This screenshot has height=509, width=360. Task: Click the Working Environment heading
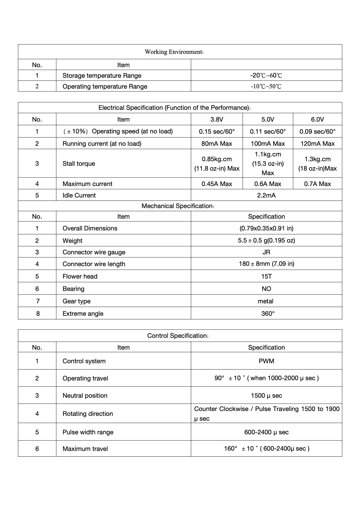174,52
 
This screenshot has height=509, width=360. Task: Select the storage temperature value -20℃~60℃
266,75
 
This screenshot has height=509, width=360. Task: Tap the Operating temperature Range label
105,86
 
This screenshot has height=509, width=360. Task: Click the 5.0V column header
268,119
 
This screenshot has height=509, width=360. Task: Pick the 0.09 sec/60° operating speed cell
317,132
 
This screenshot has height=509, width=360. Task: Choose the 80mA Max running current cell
217,144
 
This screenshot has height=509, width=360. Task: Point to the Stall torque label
79,164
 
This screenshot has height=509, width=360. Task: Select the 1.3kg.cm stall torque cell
317,164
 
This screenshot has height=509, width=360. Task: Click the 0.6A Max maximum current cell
268,184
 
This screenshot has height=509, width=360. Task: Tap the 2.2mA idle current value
266,195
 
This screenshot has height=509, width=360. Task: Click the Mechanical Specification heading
178,206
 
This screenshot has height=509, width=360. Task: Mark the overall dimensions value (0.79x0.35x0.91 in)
266,228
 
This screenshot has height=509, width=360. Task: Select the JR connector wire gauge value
266,252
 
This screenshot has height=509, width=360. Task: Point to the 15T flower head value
266,276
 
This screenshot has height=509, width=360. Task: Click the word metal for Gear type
265,301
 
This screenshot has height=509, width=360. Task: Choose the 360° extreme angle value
268,314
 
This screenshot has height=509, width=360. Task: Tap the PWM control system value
266,361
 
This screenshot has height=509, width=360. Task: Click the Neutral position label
85,396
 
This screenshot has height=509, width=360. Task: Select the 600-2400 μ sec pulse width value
266,432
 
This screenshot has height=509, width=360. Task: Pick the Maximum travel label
85,449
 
